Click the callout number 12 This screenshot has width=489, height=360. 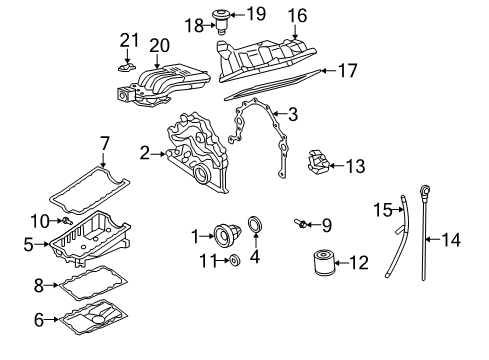[359, 263]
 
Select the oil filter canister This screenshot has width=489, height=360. [323, 263]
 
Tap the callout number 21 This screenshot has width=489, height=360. [129, 41]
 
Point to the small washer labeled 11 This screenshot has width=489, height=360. [235, 260]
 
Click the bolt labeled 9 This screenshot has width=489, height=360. [300, 223]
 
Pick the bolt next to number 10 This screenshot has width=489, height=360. [67, 220]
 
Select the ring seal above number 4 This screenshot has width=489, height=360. [256, 224]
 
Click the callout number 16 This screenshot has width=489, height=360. [297, 16]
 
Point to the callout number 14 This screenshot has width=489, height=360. [451, 240]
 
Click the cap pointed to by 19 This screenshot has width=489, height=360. [220, 15]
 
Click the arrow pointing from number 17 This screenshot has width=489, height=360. [329, 71]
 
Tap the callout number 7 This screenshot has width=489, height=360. [104, 144]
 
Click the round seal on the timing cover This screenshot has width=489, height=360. [201, 174]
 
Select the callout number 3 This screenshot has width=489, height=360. [292, 114]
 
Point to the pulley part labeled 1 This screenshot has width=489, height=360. [227, 236]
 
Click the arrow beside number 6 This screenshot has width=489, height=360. [52, 319]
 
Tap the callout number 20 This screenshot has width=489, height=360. [159, 46]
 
